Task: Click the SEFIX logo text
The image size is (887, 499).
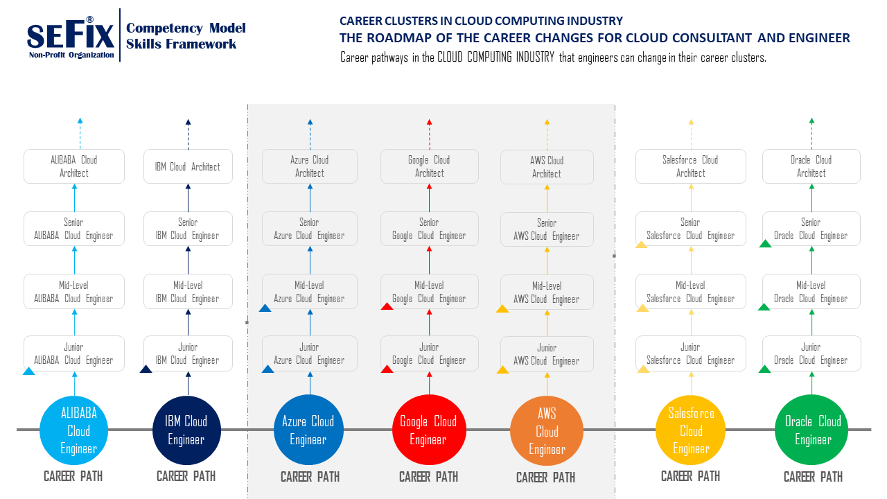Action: coord(70,35)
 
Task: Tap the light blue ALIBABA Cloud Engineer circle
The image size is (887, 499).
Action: coord(74,430)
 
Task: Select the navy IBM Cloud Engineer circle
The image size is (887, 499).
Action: coord(186,430)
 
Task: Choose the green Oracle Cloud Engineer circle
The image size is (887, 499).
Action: coord(813,430)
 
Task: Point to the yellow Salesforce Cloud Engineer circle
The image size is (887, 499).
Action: coord(690,430)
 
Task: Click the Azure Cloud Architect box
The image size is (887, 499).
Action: coord(310,166)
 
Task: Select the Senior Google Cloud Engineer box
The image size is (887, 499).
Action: coord(429,229)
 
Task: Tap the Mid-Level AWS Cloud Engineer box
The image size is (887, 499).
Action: coord(547,292)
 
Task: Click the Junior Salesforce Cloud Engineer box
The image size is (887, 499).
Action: coord(690,353)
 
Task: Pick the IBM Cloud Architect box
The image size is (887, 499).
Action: coord(187,166)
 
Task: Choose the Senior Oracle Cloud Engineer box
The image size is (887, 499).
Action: coord(811,229)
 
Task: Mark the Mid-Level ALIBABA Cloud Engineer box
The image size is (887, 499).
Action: coord(74,292)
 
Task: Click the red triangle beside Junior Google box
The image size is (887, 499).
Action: coord(387,369)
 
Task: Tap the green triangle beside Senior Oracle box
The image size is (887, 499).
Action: coord(766,244)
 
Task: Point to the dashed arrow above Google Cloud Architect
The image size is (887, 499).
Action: coord(429,134)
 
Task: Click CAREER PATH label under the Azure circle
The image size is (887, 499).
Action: coord(310,477)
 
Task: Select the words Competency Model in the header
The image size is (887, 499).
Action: coord(186,28)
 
